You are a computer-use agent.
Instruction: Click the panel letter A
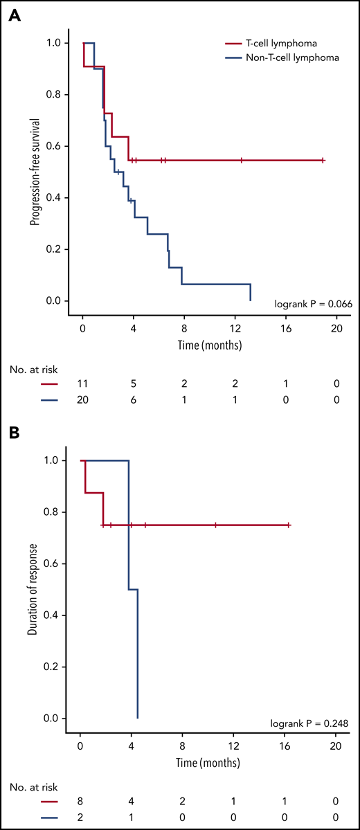pos(13,15)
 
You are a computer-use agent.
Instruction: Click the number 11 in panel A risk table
pos(82,381)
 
